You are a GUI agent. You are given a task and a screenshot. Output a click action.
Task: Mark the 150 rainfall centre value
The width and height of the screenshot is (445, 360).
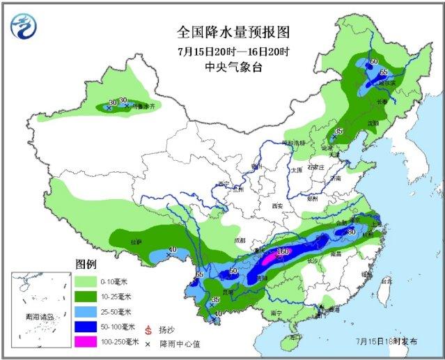pos(282,251)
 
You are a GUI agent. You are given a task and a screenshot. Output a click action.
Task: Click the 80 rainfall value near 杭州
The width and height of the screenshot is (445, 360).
pos(352,231)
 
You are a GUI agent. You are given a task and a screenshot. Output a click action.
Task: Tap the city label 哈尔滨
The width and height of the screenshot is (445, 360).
pos(387,82)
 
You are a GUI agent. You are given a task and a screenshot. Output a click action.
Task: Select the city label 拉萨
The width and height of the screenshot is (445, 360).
pos(136,242)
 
